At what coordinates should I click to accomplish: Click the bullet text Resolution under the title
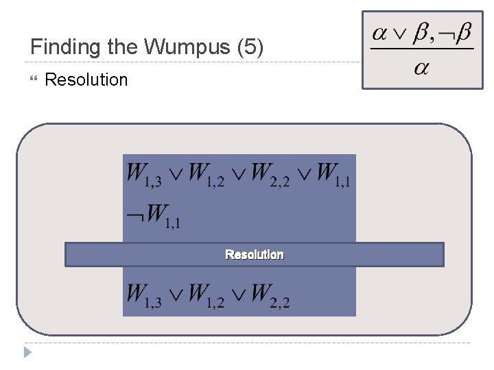tap(86, 79)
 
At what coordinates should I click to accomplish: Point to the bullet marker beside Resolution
tap(35, 79)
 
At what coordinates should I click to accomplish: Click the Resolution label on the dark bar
tap(255, 255)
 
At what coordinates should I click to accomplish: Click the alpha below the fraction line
tap(421, 70)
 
